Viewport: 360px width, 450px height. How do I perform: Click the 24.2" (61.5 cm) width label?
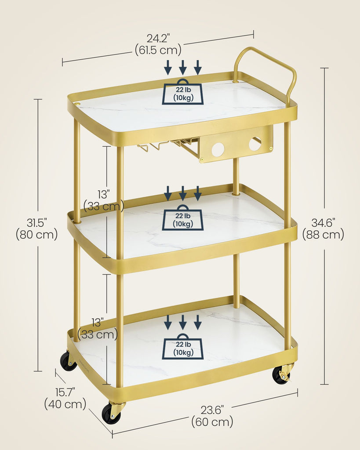(158, 44)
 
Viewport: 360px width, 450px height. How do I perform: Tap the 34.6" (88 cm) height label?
(323, 229)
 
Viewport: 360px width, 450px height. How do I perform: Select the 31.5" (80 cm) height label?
(37, 229)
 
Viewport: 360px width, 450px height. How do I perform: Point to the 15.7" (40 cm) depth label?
(65, 398)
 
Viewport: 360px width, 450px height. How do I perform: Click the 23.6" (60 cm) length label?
(212, 416)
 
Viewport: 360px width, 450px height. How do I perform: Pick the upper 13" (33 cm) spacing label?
(103, 200)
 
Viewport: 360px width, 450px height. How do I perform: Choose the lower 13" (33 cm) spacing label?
(98, 329)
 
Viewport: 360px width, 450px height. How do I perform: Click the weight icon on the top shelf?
(183, 91)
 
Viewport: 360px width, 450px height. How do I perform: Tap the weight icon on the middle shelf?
(183, 218)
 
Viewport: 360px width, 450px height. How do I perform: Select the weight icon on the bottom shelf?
(183, 346)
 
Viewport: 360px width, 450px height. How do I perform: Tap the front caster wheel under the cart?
(113, 413)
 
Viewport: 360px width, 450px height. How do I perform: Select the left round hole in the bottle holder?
(218, 149)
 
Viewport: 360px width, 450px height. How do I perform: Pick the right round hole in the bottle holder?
(255, 144)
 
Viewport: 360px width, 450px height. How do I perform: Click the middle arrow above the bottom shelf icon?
(183, 322)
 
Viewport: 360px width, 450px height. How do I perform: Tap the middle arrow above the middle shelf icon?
(183, 193)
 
